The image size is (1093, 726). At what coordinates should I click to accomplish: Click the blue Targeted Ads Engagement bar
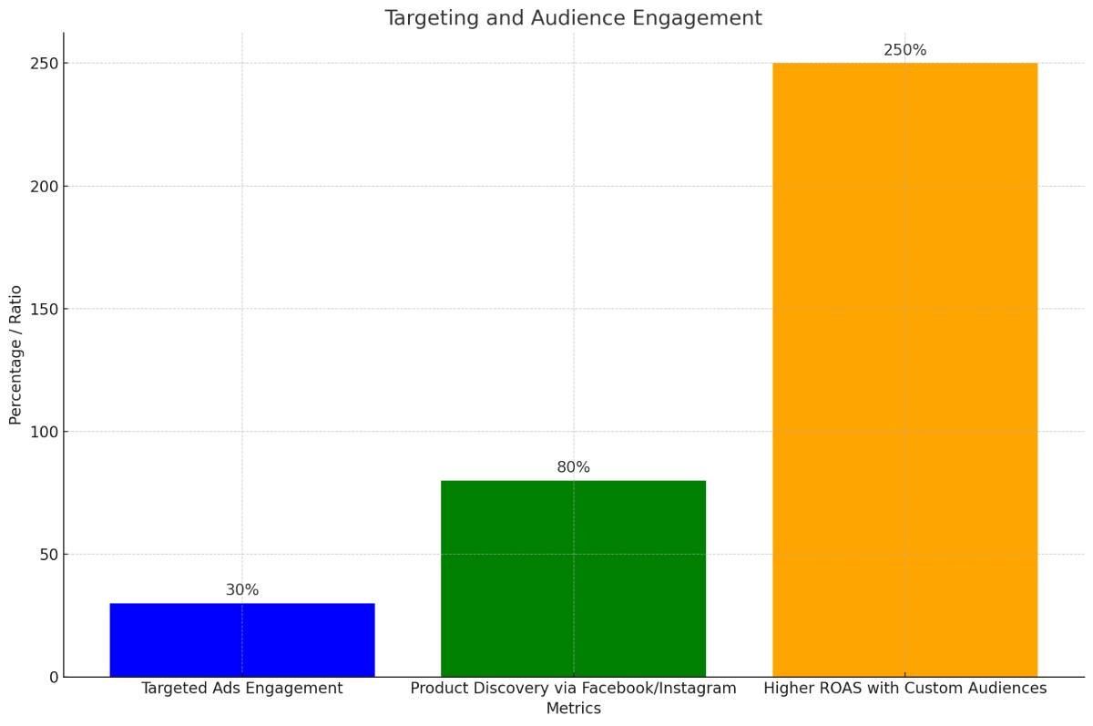click(x=241, y=639)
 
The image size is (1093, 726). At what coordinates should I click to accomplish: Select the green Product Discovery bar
click(x=573, y=578)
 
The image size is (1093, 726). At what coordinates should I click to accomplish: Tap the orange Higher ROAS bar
click(x=904, y=369)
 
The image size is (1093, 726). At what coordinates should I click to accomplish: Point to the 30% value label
click(x=242, y=590)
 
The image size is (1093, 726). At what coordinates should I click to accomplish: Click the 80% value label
click(x=573, y=467)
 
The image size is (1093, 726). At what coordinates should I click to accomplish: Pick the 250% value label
click(x=904, y=50)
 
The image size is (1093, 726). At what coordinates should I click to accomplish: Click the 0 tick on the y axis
click(x=54, y=677)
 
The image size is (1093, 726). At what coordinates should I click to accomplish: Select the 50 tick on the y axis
click(x=49, y=554)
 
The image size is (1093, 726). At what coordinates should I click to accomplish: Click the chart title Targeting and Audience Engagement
click(x=573, y=18)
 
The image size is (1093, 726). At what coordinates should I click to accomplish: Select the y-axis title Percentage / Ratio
click(x=15, y=354)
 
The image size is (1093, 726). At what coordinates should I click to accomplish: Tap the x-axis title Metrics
click(x=573, y=709)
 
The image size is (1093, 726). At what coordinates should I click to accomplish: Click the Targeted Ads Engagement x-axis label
click(x=241, y=689)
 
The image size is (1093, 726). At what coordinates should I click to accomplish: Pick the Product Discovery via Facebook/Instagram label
click(x=573, y=689)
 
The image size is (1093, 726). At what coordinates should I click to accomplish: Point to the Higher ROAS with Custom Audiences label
click(x=904, y=689)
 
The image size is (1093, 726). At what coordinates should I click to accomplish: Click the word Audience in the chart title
click(x=567, y=18)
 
